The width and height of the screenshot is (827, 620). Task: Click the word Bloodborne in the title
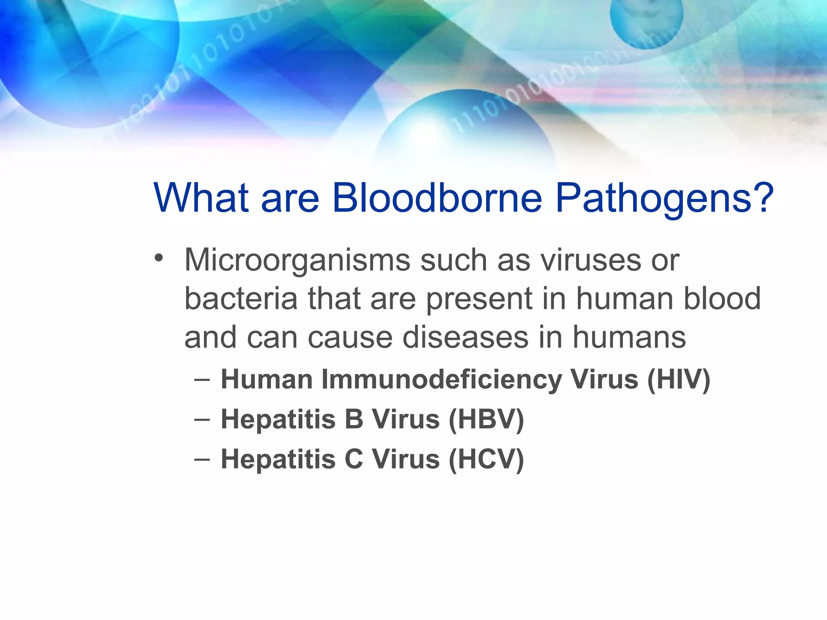437,197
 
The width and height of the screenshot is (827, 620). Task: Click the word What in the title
201,197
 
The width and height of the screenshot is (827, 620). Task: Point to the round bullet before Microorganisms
159,258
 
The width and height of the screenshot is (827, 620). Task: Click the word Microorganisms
297,261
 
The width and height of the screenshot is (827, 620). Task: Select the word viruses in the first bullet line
590,260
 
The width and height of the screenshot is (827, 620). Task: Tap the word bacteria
241,299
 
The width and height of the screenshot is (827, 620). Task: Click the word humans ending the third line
629,337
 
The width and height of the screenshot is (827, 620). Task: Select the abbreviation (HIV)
678,380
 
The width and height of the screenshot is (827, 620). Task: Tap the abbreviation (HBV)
486,419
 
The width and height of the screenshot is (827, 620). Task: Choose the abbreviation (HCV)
486,459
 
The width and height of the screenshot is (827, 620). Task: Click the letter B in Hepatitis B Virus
354,419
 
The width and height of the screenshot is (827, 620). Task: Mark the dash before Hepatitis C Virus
202,459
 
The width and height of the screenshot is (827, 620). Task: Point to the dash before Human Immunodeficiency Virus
202,379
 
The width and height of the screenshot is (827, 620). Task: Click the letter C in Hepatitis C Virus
354,459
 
